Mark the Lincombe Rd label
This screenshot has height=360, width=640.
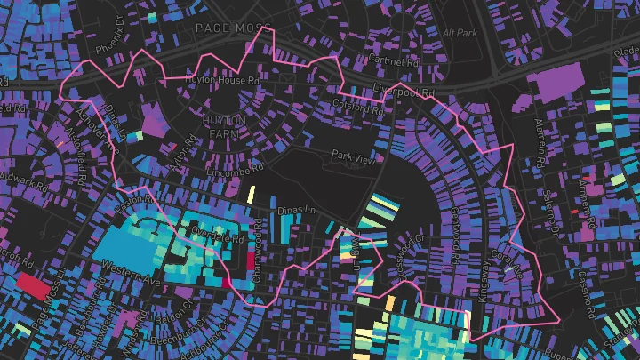point(234,165)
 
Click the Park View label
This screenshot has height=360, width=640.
point(353,155)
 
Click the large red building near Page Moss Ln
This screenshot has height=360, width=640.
point(35,285)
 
